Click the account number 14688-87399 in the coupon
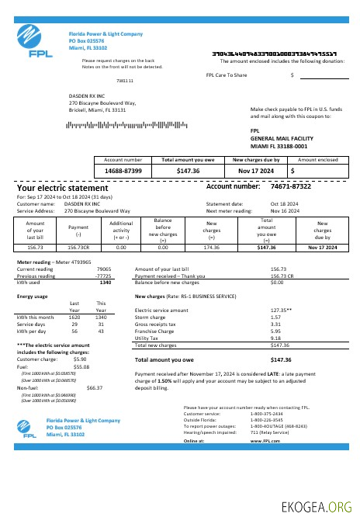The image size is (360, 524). point(123,170)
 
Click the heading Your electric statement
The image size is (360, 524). point(63,188)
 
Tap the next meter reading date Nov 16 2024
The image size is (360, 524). point(284,210)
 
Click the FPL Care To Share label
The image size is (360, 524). point(227,75)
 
